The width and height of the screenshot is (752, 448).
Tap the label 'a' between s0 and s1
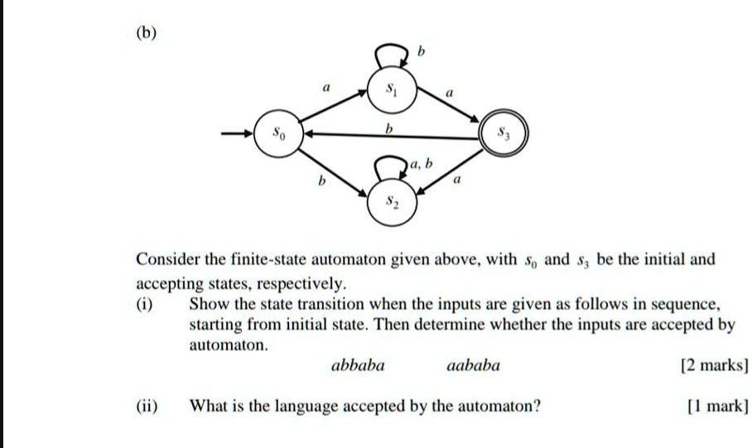[x=326, y=84]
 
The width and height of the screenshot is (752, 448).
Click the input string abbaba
[x=358, y=364]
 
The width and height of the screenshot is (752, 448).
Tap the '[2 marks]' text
[x=713, y=365]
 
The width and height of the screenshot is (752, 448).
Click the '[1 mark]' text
[x=717, y=406]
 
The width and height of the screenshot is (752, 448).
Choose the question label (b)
[x=147, y=34]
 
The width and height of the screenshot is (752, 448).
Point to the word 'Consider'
[x=168, y=259]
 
